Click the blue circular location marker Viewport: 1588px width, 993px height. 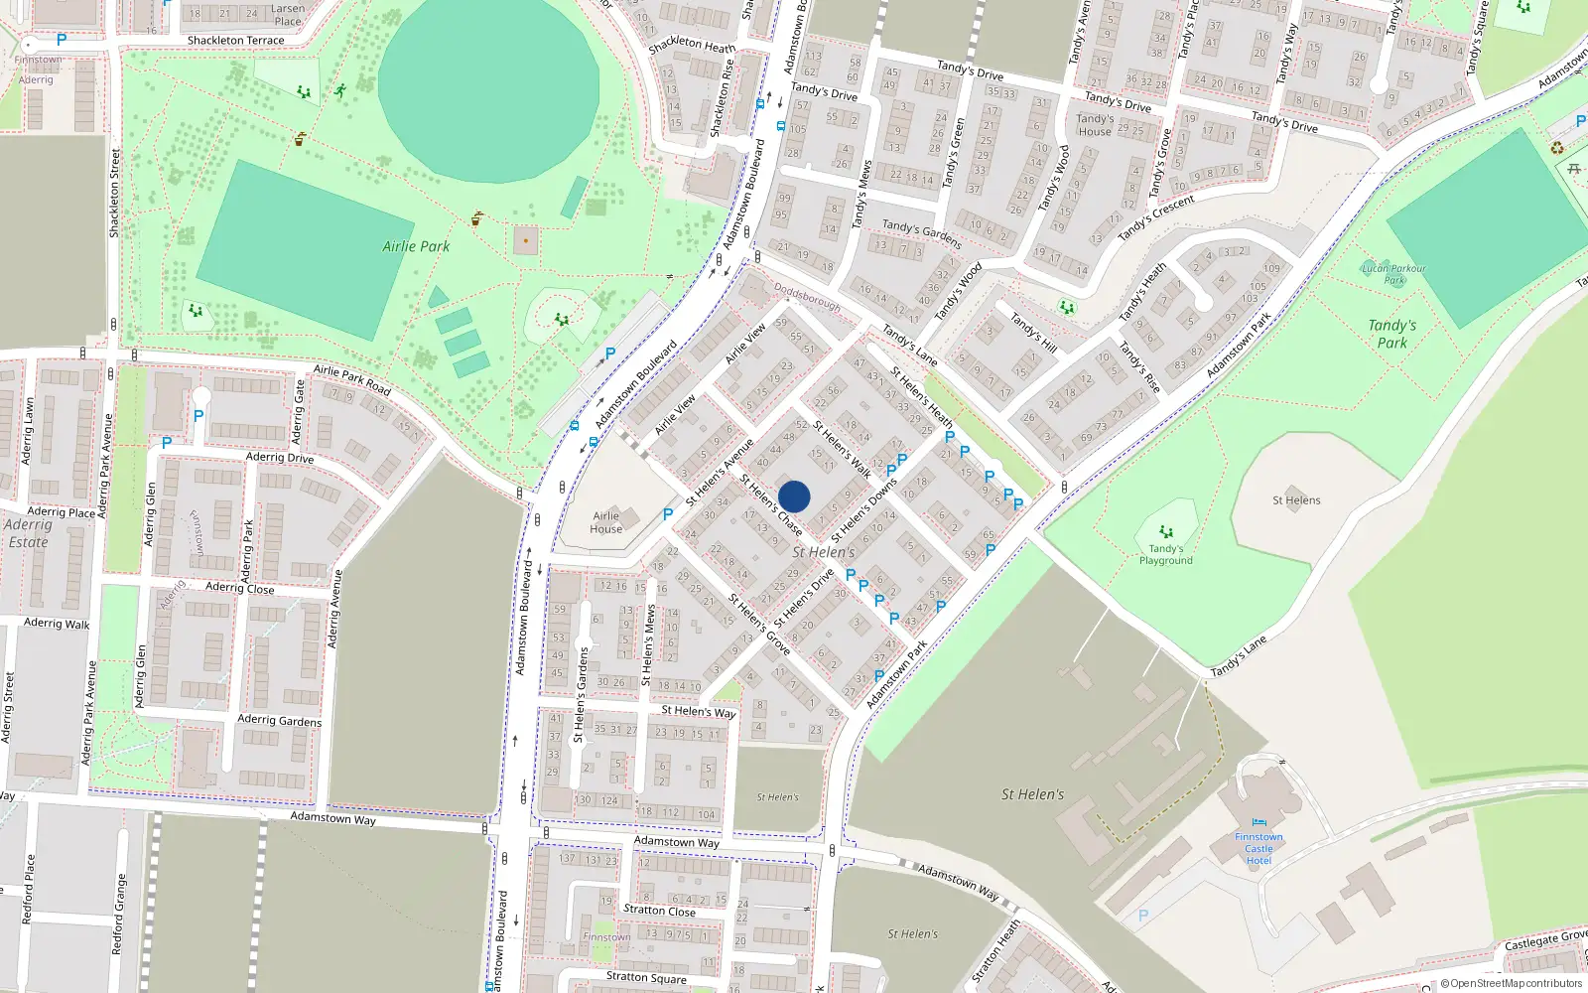(794, 496)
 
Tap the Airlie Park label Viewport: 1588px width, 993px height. (416, 246)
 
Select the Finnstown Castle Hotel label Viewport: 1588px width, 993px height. (1258, 849)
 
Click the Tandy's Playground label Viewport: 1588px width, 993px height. (1166, 554)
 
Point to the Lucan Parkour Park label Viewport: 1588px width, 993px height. (1393, 274)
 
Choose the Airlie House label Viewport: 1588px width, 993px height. (606, 522)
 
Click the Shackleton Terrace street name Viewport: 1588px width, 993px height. (235, 41)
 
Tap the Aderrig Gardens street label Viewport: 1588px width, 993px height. (280, 720)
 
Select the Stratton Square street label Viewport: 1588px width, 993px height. (646, 977)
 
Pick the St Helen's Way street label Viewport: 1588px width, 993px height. (699, 711)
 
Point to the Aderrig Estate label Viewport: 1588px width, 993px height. (28, 533)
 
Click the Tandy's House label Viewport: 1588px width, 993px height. (1095, 125)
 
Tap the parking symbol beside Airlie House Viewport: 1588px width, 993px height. (668, 514)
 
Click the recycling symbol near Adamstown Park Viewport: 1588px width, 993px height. (1557, 148)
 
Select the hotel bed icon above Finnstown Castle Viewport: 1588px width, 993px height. (1258, 823)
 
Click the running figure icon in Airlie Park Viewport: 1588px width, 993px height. (340, 90)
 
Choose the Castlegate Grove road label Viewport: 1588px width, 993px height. (1545, 939)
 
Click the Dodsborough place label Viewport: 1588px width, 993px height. (807, 298)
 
